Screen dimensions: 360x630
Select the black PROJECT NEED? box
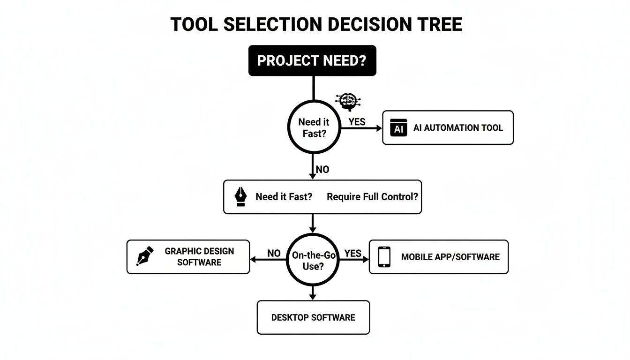(x=312, y=61)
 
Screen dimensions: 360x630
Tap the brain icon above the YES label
(x=348, y=101)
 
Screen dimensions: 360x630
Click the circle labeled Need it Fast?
(x=313, y=127)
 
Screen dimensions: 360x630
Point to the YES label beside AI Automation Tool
(x=357, y=122)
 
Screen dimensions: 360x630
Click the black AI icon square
(x=398, y=127)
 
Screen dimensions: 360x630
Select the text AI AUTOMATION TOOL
(x=458, y=127)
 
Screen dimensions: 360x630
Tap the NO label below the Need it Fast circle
(x=322, y=169)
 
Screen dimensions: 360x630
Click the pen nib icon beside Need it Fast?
(x=240, y=197)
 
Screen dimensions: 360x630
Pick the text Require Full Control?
(x=372, y=197)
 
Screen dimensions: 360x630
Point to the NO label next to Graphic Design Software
(x=274, y=254)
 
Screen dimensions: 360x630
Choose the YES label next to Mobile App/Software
(x=352, y=254)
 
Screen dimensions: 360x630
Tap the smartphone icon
(x=384, y=257)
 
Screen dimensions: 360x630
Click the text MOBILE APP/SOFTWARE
(x=450, y=257)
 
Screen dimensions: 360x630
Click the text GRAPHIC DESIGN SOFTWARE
(x=199, y=256)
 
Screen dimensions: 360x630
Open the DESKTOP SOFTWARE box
(x=313, y=317)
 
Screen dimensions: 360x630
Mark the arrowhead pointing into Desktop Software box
(x=313, y=297)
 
